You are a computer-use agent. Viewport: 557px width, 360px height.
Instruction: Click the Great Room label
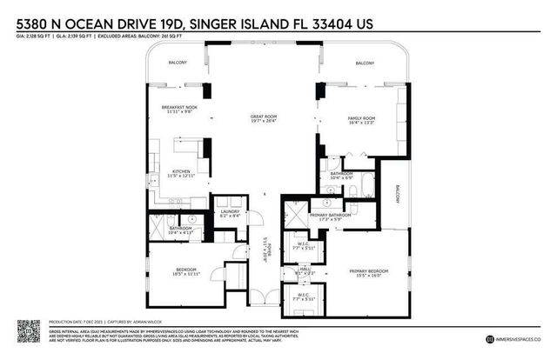263,117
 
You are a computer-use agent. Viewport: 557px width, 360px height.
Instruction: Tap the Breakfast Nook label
178,108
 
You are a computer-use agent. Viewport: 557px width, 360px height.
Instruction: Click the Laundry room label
230,211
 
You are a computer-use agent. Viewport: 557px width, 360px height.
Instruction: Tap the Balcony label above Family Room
365,63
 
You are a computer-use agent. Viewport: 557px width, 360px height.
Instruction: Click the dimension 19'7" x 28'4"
263,122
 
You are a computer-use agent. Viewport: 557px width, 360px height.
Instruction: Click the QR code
28,331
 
